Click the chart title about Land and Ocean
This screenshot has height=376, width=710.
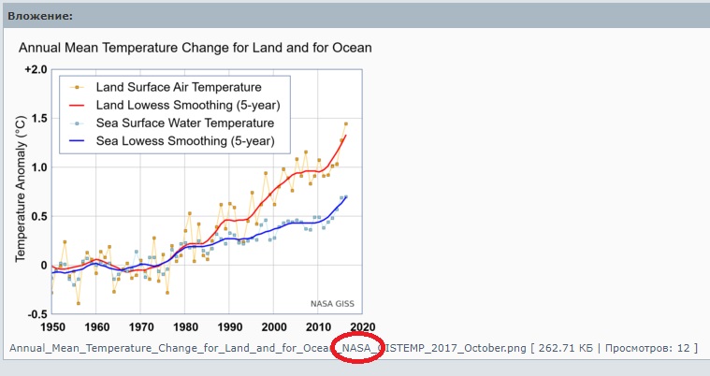click(x=196, y=47)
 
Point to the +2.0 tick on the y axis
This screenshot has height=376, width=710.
click(x=34, y=71)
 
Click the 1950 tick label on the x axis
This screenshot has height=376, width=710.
click(x=51, y=327)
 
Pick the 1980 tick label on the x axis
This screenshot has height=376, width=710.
click(x=185, y=327)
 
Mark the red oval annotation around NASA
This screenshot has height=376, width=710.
click(x=356, y=349)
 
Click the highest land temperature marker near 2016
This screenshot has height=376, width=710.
click(x=345, y=123)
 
